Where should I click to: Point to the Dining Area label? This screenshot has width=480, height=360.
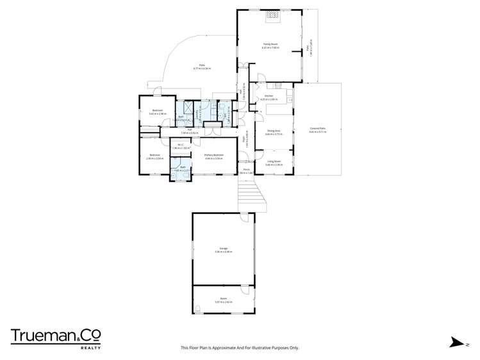pyautogui.click(x=273, y=132)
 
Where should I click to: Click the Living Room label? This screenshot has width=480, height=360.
pyautogui.click(x=274, y=161)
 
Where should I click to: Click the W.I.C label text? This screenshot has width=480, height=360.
pyautogui.click(x=182, y=145)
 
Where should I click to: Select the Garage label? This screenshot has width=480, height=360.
pyautogui.click(x=223, y=249)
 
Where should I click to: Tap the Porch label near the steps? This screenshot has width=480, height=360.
pyautogui.click(x=246, y=170)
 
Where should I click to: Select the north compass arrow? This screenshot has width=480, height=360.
pyautogui.click(x=456, y=342)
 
